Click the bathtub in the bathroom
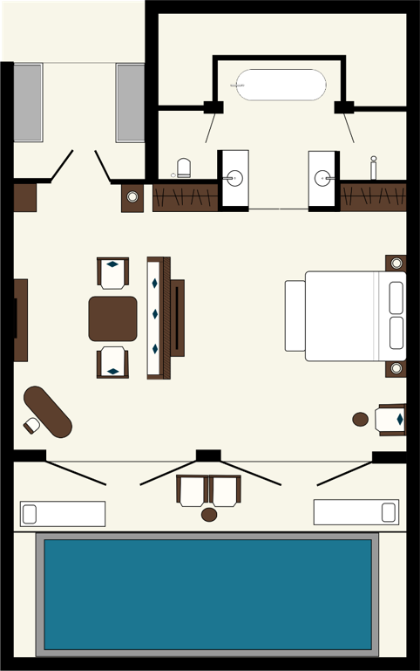[x=281, y=85]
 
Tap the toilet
[x=184, y=167]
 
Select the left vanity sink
[x=234, y=179]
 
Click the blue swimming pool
[x=207, y=593]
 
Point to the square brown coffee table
[x=112, y=318]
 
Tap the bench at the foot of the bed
[x=295, y=316]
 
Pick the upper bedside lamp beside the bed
[x=396, y=263]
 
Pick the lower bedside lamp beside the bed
[x=396, y=368]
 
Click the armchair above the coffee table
[x=112, y=273]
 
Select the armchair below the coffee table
[x=112, y=361]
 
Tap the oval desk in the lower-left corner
[x=49, y=411]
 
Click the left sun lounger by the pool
[x=63, y=514]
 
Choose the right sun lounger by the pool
[x=356, y=512]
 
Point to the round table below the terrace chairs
[x=209, y=515]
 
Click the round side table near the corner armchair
[x=361, y=419]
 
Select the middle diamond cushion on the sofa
[x=155, y=314]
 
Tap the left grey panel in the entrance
[x=28, y=102]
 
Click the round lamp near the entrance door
[x=132, y=196]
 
